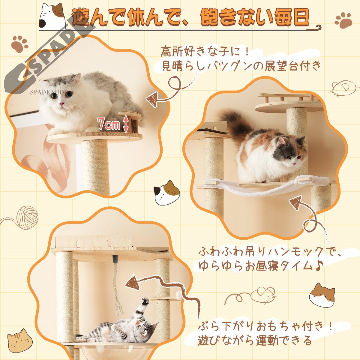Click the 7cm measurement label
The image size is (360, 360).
(x=109, y=124)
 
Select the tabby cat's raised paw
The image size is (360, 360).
(x=145, y=301)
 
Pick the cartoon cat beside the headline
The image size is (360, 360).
(x=52, y=17)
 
